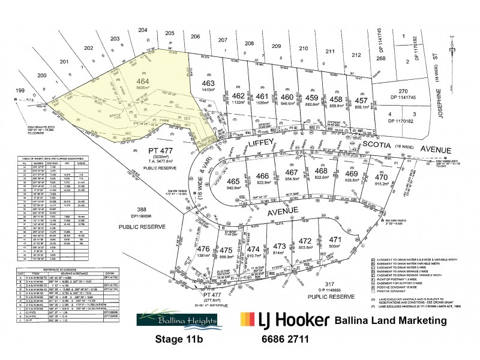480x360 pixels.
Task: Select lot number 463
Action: point(208,83)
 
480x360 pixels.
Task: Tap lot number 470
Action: point(381,177)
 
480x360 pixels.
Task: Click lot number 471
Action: point(351,239)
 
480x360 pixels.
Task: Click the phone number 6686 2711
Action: point(285,339)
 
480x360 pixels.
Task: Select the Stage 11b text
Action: point(182,339)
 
